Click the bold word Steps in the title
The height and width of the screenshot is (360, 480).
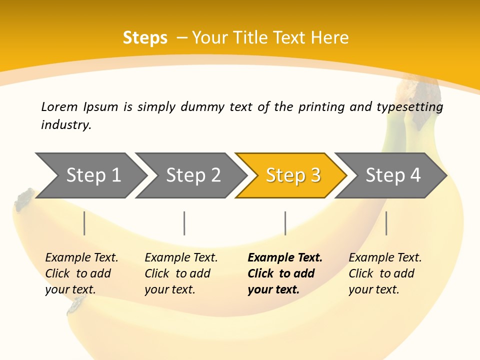click(145, 38)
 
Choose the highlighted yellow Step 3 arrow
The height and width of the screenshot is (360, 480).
click(293, 175)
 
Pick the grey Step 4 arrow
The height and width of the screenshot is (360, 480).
click(393, 175)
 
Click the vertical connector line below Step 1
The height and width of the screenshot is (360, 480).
click(84, 223)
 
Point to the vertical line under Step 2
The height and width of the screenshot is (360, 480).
click(184, 223)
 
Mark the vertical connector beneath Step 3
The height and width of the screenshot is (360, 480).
click(285, 223)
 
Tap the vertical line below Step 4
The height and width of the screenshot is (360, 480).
click(386, 223)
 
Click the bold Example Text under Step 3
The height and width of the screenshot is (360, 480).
click(285, 273)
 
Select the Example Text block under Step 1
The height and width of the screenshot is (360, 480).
click(81, 273)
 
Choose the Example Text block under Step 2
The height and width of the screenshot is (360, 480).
click(181, 273)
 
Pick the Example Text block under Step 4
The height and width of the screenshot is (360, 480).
click(385, 273)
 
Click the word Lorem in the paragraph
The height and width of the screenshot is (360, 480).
click(59, 107)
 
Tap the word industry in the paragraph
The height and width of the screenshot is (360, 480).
click(65, 125)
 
